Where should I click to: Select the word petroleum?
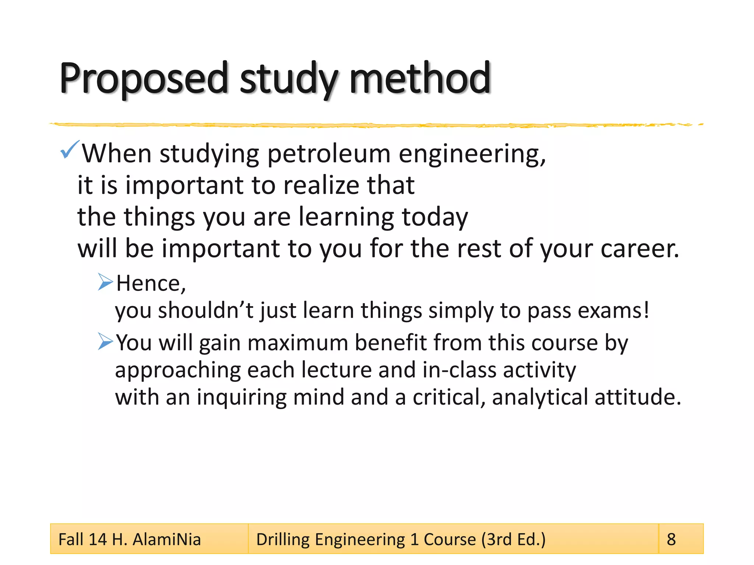329,154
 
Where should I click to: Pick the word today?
435,217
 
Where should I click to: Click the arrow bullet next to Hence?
105,282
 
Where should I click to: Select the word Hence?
151,284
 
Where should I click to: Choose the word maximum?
297,343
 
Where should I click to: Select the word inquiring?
241,398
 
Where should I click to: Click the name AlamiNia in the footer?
166,540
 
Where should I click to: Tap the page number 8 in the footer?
671,540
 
